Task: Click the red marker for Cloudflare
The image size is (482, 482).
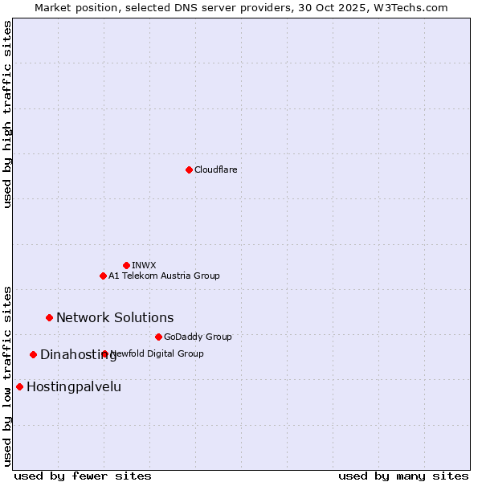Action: [x=189, y=170]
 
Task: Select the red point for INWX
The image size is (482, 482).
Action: [x=126, y=265]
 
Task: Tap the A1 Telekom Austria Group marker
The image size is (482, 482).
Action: [x=103, y=276]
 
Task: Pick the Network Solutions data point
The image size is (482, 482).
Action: [x=49, y=317]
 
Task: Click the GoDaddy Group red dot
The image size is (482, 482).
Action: [x=158, y=337]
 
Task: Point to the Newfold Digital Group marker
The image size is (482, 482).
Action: [x=104, y=353]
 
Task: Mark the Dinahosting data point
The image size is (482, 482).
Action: [x=33, y=354]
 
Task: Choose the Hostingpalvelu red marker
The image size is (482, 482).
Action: [x=19, y=386]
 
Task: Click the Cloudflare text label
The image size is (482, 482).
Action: [x=215, y=170]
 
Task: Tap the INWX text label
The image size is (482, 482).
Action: [x=144, y=265]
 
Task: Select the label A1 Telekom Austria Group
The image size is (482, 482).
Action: [x=164, y=276]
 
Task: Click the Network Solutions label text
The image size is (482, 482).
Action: [x=115, y=317]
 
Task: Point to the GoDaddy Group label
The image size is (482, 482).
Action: [x=198, y=337]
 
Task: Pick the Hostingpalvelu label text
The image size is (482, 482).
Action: [x=74, y=386]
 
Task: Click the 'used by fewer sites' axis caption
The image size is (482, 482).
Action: [x=83, y=476]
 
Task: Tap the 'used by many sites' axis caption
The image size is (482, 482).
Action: [x=403, y=476]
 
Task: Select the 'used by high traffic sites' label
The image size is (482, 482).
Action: [x=7, y=114]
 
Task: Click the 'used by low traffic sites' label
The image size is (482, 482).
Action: [x=7, y=375]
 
